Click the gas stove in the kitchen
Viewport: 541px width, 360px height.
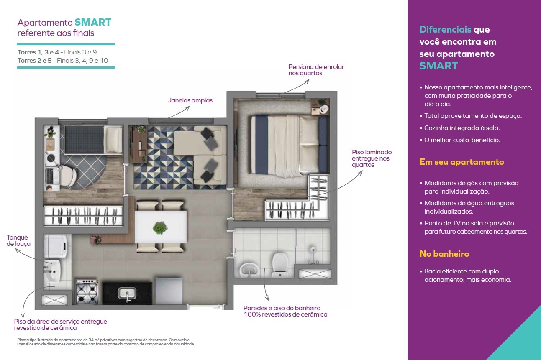tap(87, 291)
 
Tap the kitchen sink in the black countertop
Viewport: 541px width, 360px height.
tap(127, 294)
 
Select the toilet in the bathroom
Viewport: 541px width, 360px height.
tap(280, 265)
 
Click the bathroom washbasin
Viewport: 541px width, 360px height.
tap(249, 270)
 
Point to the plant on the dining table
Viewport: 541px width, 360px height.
tap(160, 227)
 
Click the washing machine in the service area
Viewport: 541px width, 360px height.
tap(56, 246)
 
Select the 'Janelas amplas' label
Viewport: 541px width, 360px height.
tap(190, 100)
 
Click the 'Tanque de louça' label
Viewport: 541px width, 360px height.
tap(18, 240)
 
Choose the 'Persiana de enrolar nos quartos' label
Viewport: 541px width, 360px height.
tap(316, 70)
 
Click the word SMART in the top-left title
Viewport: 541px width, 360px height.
tap(93, 22)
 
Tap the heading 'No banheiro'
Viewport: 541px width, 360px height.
tap(444, 254)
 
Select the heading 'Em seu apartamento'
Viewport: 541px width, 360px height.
tap(462, 162)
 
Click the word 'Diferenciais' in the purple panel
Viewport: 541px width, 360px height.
tap(445, 29)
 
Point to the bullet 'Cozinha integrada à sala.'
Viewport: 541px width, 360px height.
tap(459, 128)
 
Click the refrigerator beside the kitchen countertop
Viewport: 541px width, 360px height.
tap(168, 291)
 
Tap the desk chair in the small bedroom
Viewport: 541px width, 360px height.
tap(68, 176)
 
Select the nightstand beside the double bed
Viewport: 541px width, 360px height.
tap(320, 106)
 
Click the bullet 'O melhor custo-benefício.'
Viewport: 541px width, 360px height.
tap(460, 140)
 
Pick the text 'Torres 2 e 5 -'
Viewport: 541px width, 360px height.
tap(36, 61)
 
